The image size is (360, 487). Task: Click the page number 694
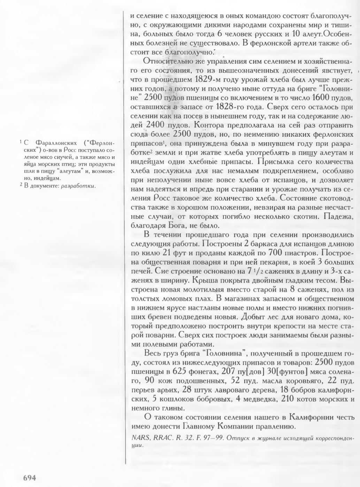(x=30, y=477)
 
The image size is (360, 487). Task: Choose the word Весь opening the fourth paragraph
(x=152, y=354)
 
